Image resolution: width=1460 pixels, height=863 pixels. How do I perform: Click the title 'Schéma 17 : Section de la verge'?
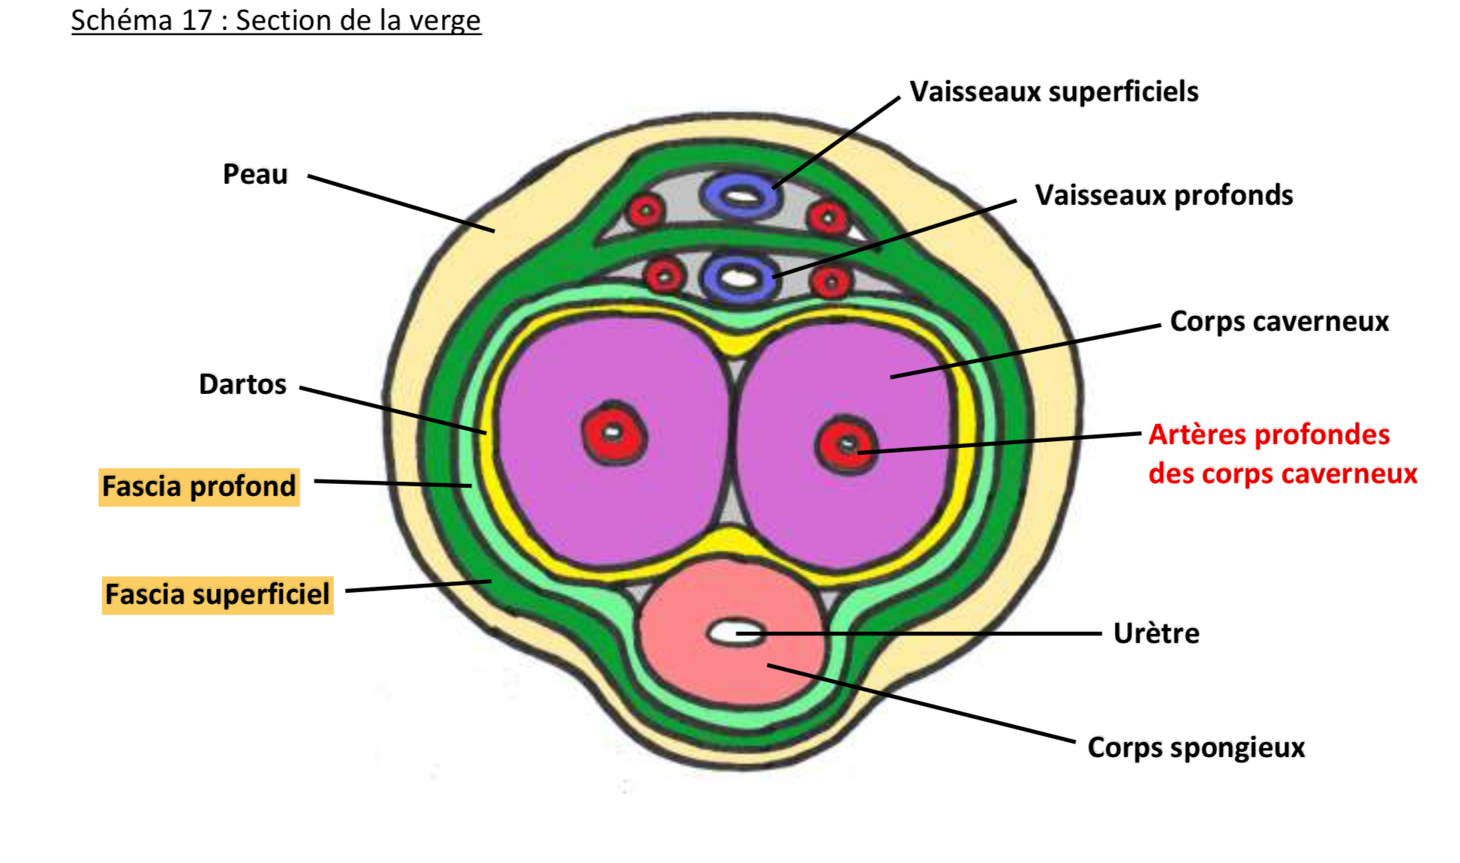[275, 20]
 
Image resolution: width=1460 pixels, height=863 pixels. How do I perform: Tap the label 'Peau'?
[255, 174]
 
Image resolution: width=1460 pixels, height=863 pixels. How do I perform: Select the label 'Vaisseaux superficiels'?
[1053, 92]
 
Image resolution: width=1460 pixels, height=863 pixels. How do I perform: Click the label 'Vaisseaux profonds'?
[1164, 195]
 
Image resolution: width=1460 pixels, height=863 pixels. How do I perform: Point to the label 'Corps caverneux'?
[1279, 321]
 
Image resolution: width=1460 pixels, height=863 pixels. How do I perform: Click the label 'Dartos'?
[242, 384]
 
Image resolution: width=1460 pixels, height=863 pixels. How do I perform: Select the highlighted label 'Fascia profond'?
[199, 486]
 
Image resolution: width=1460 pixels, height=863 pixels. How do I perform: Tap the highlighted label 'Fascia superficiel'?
[217, 594]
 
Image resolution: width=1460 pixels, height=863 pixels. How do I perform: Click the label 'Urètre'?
[1156, 633]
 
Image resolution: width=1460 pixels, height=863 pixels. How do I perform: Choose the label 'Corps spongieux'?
[1196, 747]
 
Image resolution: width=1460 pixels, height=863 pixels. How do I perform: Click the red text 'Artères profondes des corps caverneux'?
[1282, 454]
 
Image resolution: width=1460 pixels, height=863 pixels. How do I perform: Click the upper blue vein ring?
[741, 196]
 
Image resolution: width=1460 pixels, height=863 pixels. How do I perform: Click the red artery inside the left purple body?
[614, 433]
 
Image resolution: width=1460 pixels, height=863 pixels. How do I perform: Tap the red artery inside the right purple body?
[846, 444]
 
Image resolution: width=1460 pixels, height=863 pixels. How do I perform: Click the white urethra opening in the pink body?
[734, 632]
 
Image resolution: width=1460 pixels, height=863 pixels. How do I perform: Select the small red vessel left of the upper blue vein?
[645, 211]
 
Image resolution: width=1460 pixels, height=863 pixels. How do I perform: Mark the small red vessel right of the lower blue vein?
[830, 282]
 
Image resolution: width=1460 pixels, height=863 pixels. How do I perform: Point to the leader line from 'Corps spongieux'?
[923, 703]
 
